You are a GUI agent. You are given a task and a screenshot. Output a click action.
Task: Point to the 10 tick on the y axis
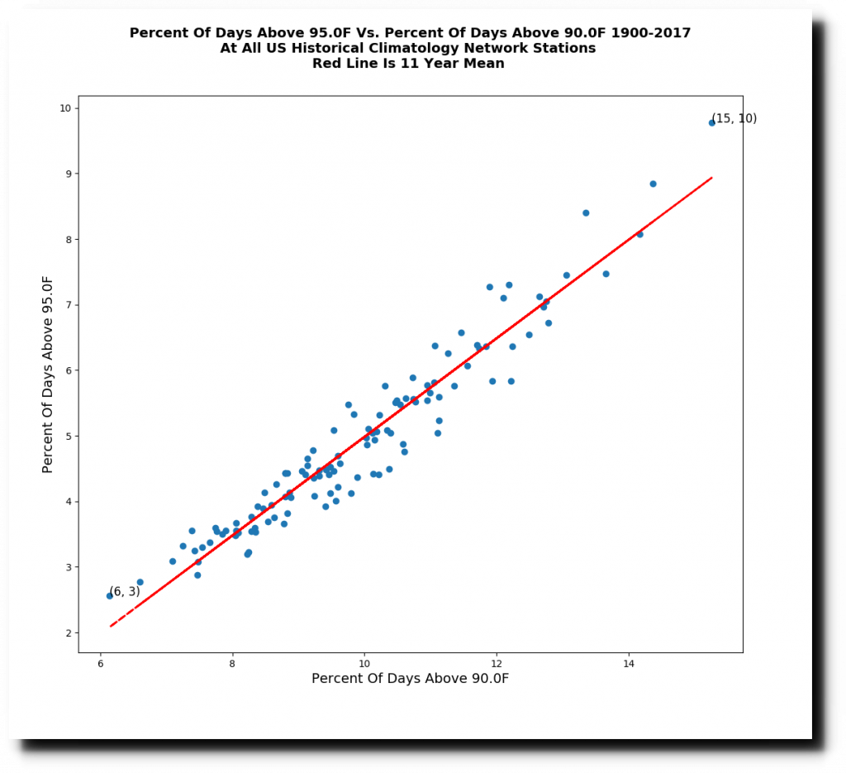[78, 108]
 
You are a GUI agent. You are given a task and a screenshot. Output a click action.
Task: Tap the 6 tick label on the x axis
[101, 664]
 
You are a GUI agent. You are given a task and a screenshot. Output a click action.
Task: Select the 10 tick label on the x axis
[364, 664]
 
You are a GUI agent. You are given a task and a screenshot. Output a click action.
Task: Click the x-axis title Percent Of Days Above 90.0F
[410, 679]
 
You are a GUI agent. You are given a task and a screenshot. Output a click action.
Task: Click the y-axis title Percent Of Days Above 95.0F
[48, 374]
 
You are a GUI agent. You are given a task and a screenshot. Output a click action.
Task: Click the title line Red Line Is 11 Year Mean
[408, 64]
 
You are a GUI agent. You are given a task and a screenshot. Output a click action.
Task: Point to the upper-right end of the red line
[711, 177]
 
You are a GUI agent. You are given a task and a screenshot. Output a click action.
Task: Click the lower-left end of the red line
[111, 626]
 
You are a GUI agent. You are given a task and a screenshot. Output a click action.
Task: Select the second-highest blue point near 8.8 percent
[653, 184]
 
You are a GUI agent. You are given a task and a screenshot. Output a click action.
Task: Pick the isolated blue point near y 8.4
[586, 212]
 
